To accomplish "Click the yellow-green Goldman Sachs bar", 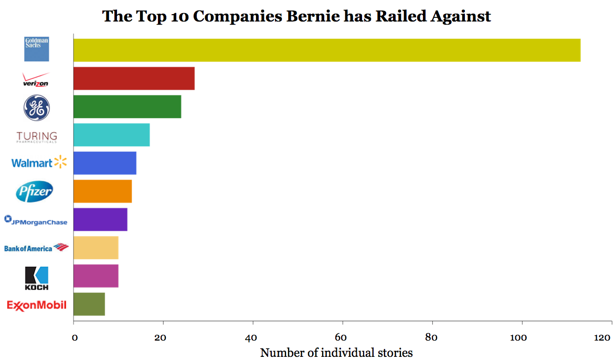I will pyautogui.click(x=326, y=50).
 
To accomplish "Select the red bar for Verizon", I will pyautogui.click(x=134, y=79).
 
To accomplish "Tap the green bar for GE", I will pyautogui.click(x=127, y=107).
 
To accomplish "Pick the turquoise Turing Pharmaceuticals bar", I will pyautogui.click(x=111, y=135).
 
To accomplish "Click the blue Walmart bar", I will pyautogui.click(x=104, y=163).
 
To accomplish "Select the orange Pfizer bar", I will pyautogui.click(x=102, y=191).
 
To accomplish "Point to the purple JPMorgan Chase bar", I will pyautogui.click(x=100, y=219).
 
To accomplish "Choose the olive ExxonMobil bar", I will pyautogui.click(x=89, y=304).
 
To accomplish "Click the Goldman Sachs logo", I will pyautogui.click(x=37, y=49).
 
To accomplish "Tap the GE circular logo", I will pyautogui.click(x=37, y=108).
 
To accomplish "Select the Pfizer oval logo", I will pyautogui.click(x=35, y=192).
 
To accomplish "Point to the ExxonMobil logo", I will pyautogui.click(x=37, y=305).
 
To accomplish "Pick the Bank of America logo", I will pyautogui.click(x=36, y=248).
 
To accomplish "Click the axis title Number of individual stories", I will pyautogui.click(x=336, y=352).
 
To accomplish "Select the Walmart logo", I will pyautogui.click(x=39, y=163).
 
